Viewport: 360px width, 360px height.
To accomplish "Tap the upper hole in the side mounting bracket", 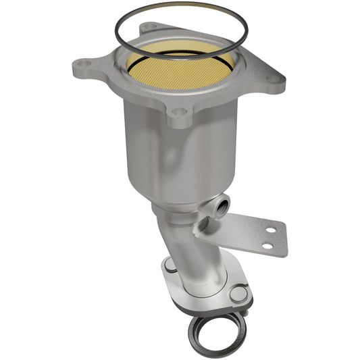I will (270, 230).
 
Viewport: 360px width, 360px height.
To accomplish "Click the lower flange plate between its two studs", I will (203, 290).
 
